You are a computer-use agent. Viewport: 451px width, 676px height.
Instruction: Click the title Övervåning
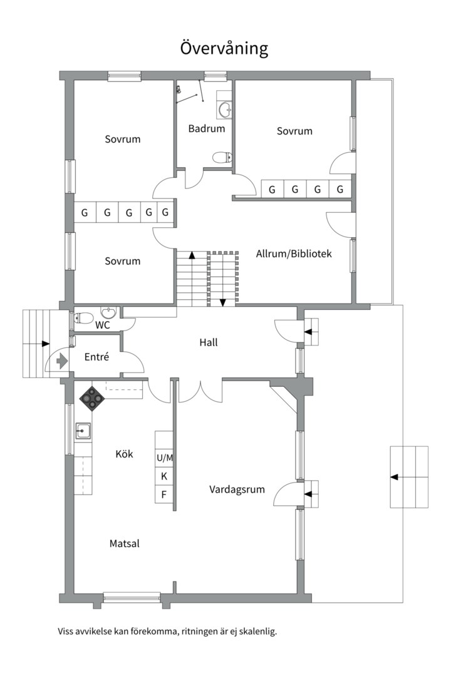(224, 48)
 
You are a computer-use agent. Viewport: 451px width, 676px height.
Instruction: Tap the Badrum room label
(207, 128)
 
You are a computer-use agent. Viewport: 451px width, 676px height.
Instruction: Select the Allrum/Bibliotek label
(294, 253)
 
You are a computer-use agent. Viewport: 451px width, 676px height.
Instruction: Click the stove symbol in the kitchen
(91, 398)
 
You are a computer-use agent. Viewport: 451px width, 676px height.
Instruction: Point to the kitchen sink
(83, 431)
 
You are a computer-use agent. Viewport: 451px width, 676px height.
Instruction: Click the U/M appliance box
(164, 458)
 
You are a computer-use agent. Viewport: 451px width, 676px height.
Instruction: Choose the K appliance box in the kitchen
(164, 476)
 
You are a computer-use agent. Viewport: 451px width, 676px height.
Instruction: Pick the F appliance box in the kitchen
(164, 494)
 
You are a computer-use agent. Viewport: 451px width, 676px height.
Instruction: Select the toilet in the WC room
(83, 318)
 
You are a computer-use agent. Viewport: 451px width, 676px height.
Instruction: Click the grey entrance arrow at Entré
(62, 361)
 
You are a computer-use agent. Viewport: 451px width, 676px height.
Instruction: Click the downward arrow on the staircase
(223, 303)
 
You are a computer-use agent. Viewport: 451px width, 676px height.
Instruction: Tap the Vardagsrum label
(237, 489)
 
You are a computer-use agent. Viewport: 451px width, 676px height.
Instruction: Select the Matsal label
(124, 544)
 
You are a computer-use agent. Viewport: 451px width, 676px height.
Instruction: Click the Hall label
(209, 342)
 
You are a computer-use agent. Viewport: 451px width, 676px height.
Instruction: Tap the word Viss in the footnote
(65, 632)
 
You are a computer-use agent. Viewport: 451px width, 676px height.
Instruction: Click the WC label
(102, 325)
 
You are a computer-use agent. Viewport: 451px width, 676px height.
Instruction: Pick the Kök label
(124, 454)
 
